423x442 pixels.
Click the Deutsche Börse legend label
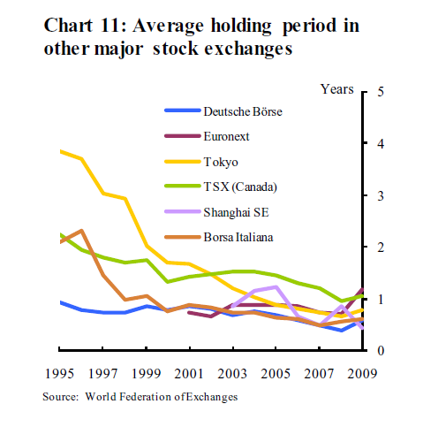pyautogui.click(x=243, y=111)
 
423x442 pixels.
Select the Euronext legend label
pyautogui.click(x=226, y=136)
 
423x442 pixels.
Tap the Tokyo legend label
pyautogui.click(x=221, y=162)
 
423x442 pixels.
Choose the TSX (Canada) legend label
pyautogui.click(x=240, y=187)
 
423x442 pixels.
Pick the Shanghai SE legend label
pyautogui.click(x=236, y=212)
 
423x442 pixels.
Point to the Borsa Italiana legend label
pyautogui.click(x=238, y=237)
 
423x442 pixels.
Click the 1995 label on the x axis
pyautogui.click(x=59, y=374)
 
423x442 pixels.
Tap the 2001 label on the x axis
pyautogui.click(x=189, y=374)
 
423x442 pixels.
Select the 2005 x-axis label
pyautogui.click(x=276, y=374)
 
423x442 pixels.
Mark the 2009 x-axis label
pyautogui.click(x=362, y=374)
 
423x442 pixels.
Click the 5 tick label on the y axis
pyautogui.click(x=381, y=92)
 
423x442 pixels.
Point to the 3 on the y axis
pyautogui.click(x=381, y=195)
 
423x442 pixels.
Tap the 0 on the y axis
pyautogui.click(x=381, y=351)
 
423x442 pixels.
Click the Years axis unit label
pyautogui.click(x=337, y=89)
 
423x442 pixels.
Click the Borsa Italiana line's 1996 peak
pyautogui.click(x=81, y=231)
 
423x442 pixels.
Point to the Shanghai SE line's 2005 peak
pyautogui.click(x=276, y=286)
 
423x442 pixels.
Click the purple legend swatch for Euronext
pyautogui.click(x=183, y=136)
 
